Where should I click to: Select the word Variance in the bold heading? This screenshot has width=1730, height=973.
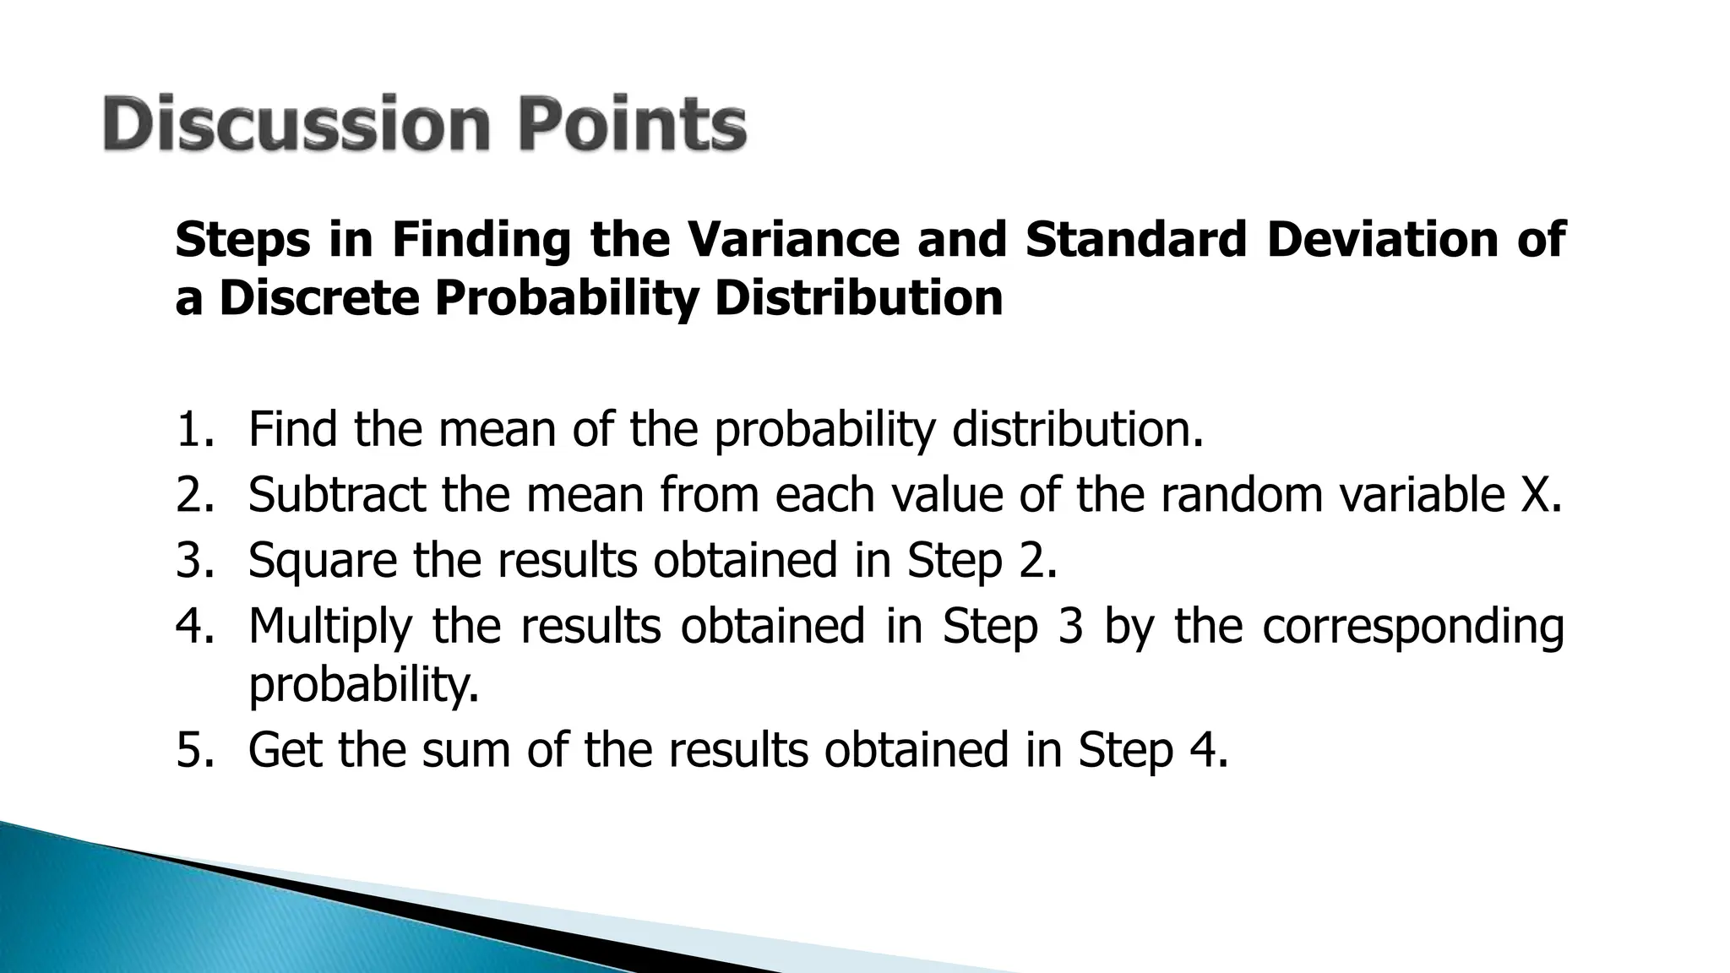[793, 239]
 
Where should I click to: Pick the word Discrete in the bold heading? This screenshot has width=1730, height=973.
[319, 298]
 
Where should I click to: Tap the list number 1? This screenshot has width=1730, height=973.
[194, 430]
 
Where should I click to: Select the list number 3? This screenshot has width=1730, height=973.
[194, 560]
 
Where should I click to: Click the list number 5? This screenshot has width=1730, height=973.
[194, 750]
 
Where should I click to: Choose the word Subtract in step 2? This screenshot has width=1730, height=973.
[336, 495]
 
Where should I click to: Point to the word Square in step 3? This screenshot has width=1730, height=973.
[322, 560]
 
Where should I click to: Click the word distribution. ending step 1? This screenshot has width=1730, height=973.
[1077, 430]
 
